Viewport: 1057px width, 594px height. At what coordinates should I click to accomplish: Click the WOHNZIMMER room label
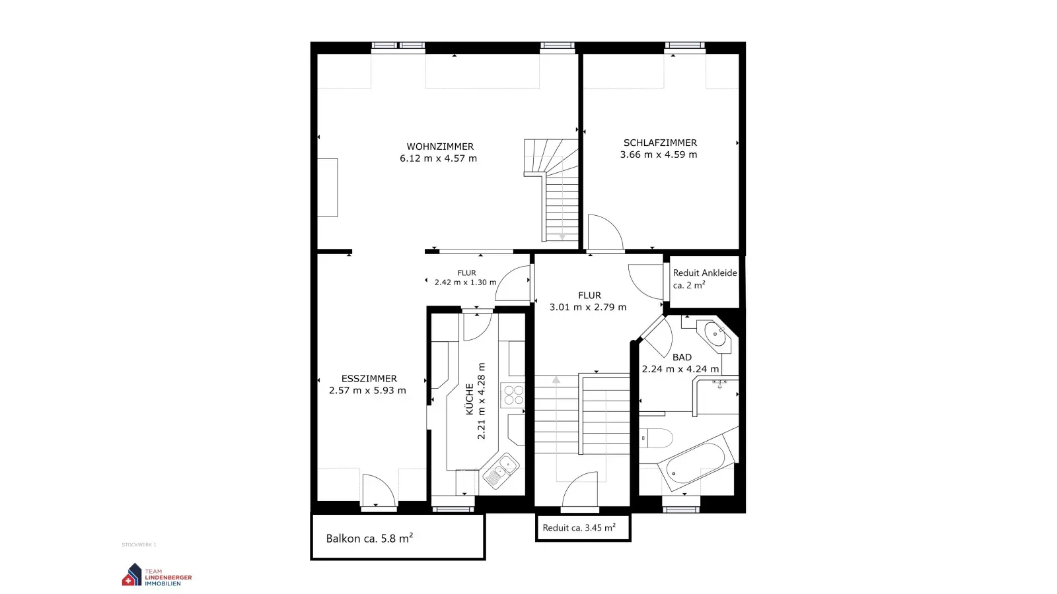pyautogui.click(x=440, y=147)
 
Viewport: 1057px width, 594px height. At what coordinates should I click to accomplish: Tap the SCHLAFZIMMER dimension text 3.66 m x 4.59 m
pyautogui.click(x=659, y=154)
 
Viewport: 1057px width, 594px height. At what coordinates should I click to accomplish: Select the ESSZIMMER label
pyautogui.click(x=369, y=378)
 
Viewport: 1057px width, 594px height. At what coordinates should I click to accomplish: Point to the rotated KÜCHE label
pyautogui.click(x=469, y=399)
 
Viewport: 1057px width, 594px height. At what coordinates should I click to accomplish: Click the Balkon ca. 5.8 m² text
pyautogui.click(x=369, y=538)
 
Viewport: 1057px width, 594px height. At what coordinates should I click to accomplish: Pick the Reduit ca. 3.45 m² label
pyautogui.click(x=579, y=527)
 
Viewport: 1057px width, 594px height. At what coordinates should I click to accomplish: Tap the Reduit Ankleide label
pyautogui.click(x=704, y=273)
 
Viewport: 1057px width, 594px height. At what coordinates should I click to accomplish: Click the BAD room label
pyautogui.click(x=682, y=357)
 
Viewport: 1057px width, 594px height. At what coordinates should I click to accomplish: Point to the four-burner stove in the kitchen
pyautogui.click(x=513, y=395)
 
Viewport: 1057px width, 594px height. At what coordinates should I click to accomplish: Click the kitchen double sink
pyautogui.click(x=501, y=470)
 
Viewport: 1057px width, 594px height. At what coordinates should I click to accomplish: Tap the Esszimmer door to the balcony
pyautogui.click(x=379, y=491)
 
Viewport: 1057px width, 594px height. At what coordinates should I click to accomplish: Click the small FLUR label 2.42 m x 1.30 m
pyautogui.click(x=466, y=278)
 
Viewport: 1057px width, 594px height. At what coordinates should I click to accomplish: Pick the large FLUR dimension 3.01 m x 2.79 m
pyautogui.click(x=588, y=307)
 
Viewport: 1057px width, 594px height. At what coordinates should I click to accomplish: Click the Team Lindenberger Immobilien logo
pyautogui.click(x=157, y=576)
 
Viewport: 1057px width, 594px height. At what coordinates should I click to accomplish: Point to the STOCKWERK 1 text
pyautogui.click(x=139, y=545)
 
